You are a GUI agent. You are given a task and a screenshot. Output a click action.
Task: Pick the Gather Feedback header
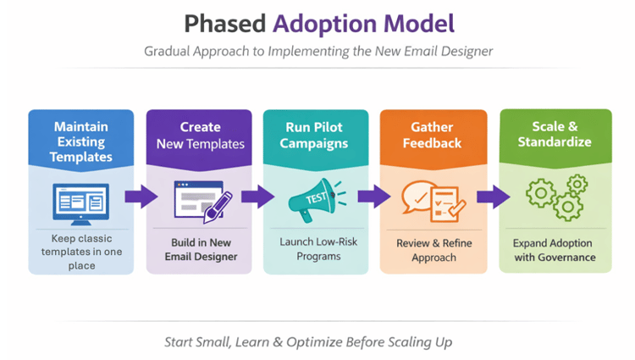tap(433, 135)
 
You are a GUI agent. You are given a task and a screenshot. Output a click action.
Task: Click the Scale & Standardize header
tap(554, 135)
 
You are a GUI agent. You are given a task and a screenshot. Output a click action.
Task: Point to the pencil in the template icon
tap(217, 206)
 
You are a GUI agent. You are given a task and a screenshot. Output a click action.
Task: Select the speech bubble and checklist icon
tap(432, 199)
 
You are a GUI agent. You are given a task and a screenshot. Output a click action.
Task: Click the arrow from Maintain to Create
tap(141, 197)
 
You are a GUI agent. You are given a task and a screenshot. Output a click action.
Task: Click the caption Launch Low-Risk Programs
tap(316, 249)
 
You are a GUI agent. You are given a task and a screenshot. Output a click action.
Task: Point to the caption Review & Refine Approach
tap(433, 250)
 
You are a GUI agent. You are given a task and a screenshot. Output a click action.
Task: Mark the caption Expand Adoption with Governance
tap(554, 250)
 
